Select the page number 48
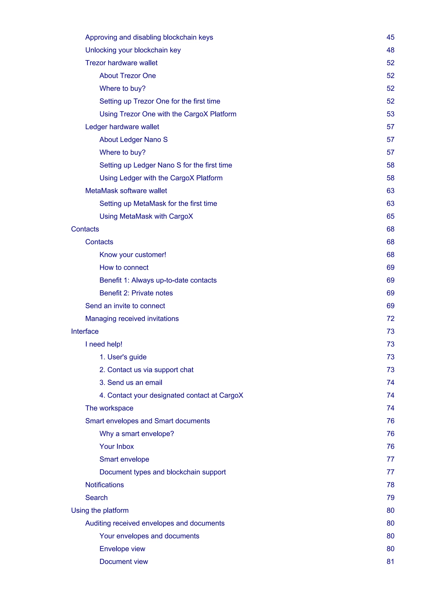click(x=390, y=50)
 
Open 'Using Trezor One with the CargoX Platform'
click(x=168, y=114)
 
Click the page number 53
click(x=390, y=114)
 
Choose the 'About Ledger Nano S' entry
click(x=133, y=140)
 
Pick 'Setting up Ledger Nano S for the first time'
click(x=166, y=165)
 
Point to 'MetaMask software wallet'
click(x=126, y=191)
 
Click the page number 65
click(x=390, y=216)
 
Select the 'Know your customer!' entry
click(x=133, y=255)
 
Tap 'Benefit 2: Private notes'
click(x=136, y=293)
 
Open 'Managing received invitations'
click(x=132, y=319)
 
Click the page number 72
click(x=390, y=319)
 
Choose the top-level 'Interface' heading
click(x=85, y=331)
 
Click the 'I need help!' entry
click(x=104, y=344)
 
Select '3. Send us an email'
click(x=131, y=383)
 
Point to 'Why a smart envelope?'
click(x=137, y=434)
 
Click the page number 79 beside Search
click(x=390, y=497)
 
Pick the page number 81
click(x=390, y=561)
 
